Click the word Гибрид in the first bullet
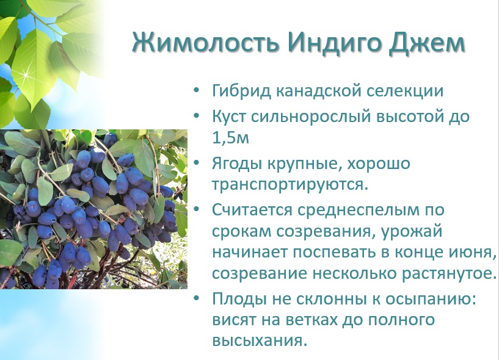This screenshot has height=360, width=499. click(x=241, y=91)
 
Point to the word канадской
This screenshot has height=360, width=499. click(x=319, y=91)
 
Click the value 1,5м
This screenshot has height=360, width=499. click(x=230, y=137)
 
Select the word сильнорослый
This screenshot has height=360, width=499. click(x=311, y=117)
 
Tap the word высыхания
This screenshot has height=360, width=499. click(x=260, y=341)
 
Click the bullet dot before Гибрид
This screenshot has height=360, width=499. click(x=196, y=90)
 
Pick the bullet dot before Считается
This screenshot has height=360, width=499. click(x=196, y=209)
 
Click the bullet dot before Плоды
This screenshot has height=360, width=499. click(x=196, y=298)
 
